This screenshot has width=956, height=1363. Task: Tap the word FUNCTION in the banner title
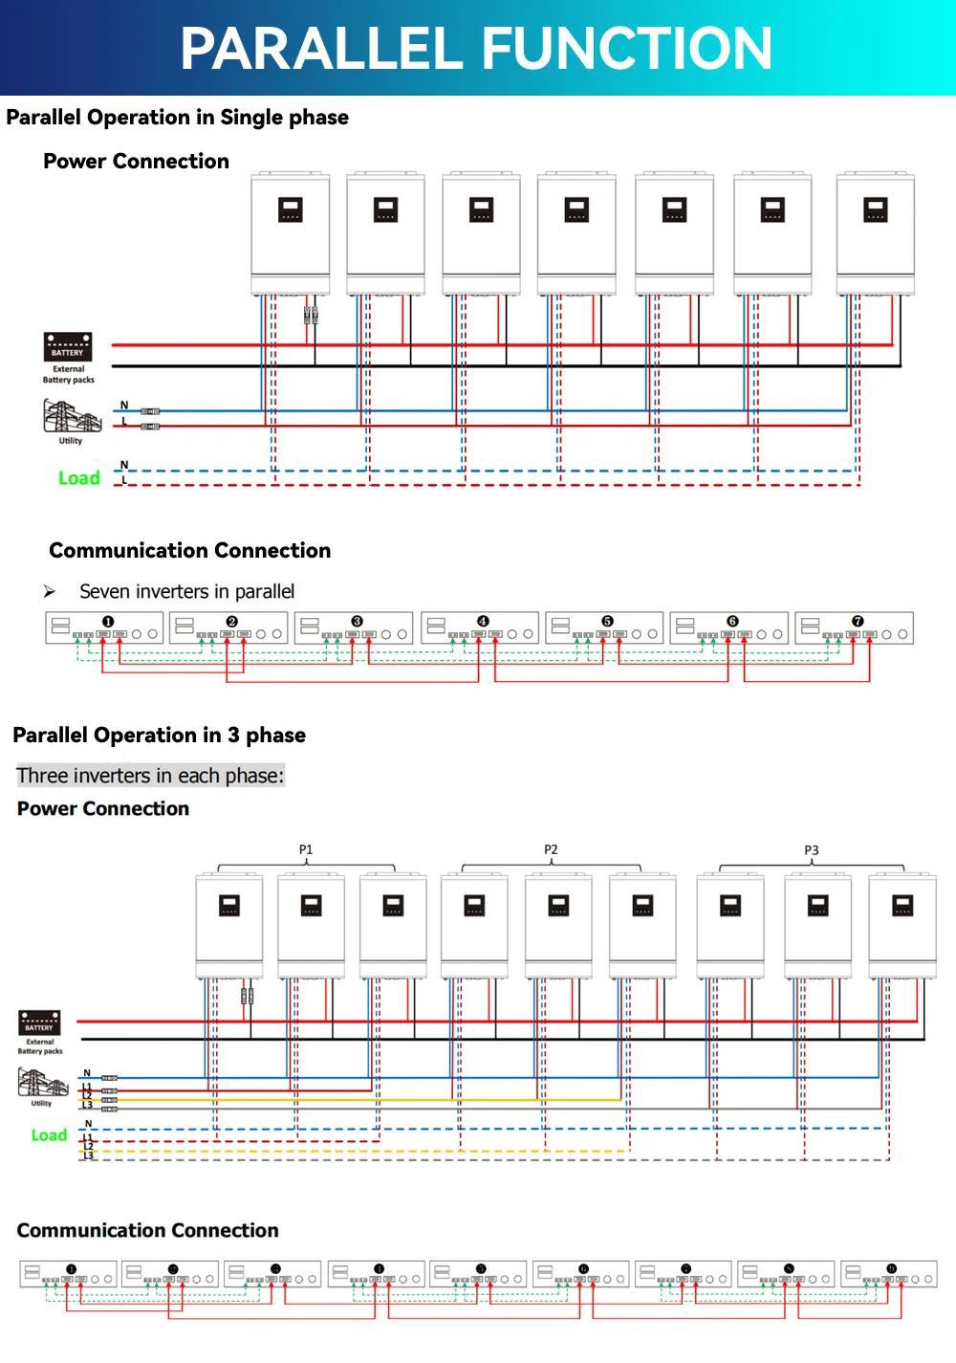point(627,49)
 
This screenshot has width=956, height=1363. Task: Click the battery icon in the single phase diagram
point(68,346)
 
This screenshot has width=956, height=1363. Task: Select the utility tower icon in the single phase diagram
point(71,417)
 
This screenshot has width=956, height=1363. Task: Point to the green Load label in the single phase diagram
point(78,478)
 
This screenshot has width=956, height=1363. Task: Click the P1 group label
point(306,849)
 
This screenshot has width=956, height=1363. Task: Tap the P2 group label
point(551,849)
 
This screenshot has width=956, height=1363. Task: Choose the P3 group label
point(812,850)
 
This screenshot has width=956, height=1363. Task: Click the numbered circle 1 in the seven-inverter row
point(108,622)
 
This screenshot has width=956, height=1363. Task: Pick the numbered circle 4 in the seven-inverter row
point(483,622)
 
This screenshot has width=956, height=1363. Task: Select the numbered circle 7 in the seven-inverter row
point(858,622)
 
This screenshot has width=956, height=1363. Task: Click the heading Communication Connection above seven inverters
point(189,551)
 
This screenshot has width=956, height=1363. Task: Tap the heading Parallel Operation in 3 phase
point(160,736)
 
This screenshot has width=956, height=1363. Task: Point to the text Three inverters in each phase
point(150,776)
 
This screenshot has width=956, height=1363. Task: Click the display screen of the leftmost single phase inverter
point(291,209)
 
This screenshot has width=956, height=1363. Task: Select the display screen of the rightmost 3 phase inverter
point(902,905)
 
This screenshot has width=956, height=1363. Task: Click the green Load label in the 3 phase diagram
point(49,1135)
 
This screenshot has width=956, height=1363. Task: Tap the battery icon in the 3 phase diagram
point(39,1023)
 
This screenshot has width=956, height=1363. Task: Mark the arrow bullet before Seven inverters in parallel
point(50,593)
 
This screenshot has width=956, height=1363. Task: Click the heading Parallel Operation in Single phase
point(177,118)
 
